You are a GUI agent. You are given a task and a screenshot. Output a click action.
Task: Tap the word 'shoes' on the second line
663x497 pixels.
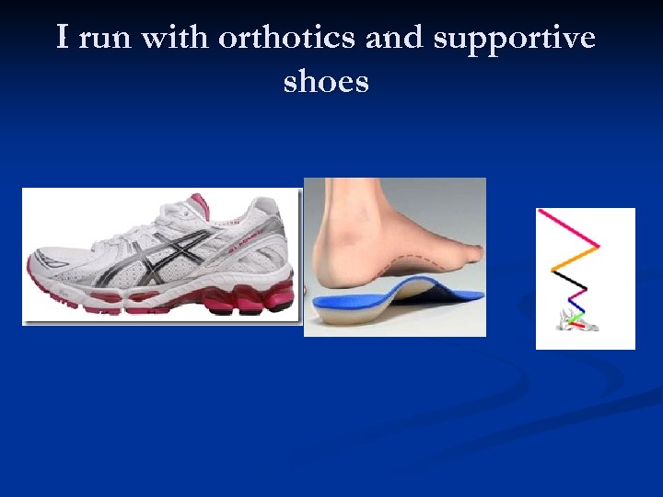pyautogui.click(x=326, y=82)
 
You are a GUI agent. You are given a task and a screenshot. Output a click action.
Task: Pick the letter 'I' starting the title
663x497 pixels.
pyautogui.click(x=63, y=39)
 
